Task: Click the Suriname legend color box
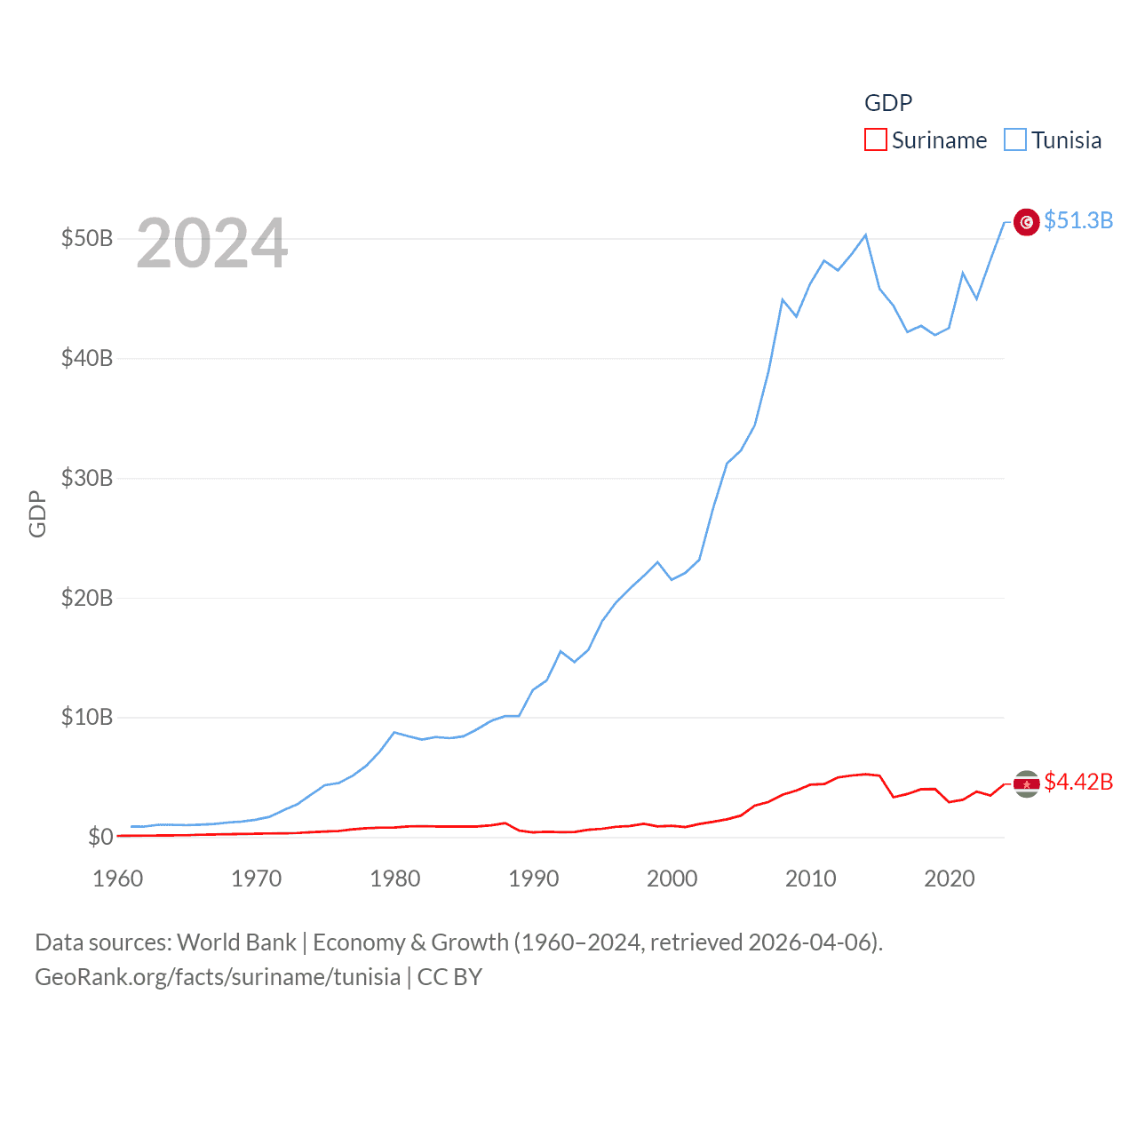pyautogui.click(x=875, y=140)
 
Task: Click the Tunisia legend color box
pyautogui.click(x=1014, y=140)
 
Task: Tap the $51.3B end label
pyautogui.click(x=1078, y=220)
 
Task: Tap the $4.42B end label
pyautogui.click(x=1078, y=782)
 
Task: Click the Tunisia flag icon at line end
pyautogui.click(x=1027, y=222)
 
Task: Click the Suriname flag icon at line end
pyautogui.click(x=1027, y=784)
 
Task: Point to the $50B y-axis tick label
pyautogui.click(x=87, y=238)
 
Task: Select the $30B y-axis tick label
pyautogui.click(x=87, y=478)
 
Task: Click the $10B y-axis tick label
pyautogui.click(x=87, y=717)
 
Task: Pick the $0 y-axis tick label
pyautogui.click(x=100, y=837)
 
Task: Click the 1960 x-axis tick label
pyautogui.click(x=118, y=879)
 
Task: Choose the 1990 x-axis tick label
pyautogui.click(x=534, y=879)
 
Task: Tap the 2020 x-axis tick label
pyautogui.click(x=950, y=879)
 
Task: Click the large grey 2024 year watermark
pyautogui.click(x=212, y=243)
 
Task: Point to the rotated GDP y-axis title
pyautogui.click(x=37, y=513)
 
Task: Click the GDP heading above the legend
pyautogui.click(x=888, y=103)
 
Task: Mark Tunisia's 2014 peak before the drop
pyautogui.click(x=866, y=235)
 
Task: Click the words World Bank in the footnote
pyautogui.click(x=237, y=942)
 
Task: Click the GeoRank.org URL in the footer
pyautogui.click(x=218, y=977)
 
